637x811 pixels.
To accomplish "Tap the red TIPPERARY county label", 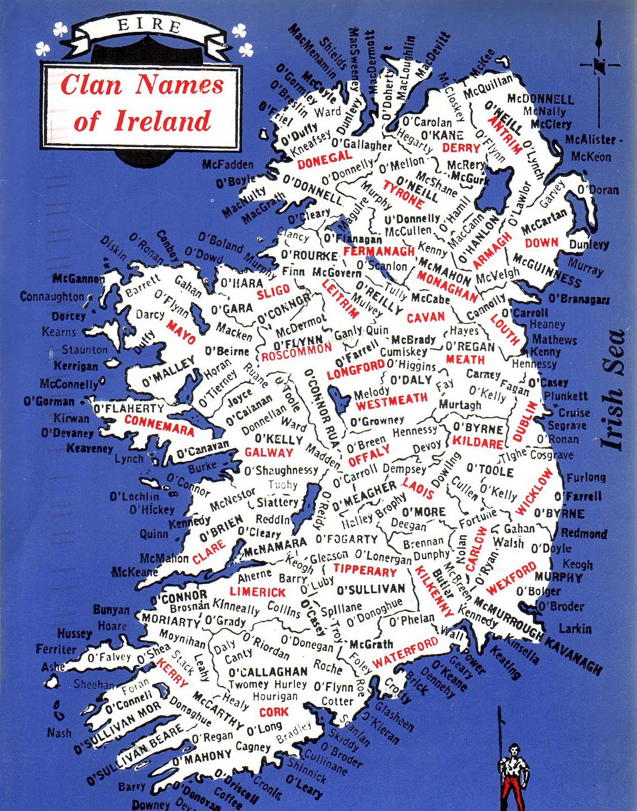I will (x=365, y=570).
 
